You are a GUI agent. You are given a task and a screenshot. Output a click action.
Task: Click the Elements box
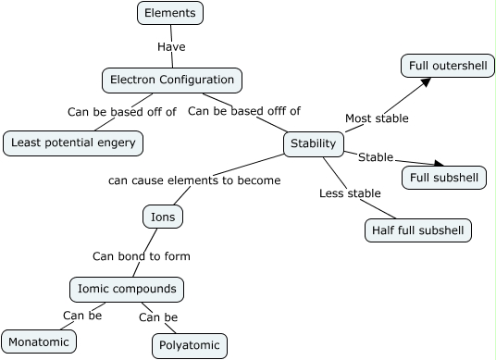click(170, 13)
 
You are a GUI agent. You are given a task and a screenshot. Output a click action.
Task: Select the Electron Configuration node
click(171, 81)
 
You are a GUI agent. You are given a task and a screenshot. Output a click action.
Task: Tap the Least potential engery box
click(73, 142)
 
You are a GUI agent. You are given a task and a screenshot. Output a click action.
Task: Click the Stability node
click(314, 143)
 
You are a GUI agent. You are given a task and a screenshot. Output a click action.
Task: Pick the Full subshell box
click(444, 177)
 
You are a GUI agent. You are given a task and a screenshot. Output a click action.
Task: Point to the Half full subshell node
click(418, 230)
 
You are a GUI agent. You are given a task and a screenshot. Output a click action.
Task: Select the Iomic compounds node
click(127, 289)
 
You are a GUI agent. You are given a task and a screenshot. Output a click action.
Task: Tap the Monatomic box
click(38, 341)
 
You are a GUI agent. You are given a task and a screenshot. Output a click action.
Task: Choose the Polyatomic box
click(189, 346)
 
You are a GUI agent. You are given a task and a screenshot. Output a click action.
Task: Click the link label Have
click(171, 45)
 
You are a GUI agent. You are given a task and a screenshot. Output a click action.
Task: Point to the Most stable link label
click(377, 118)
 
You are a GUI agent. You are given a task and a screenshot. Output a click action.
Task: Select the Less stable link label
click(350, 193)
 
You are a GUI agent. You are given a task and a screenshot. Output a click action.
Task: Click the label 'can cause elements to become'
click(194, 180)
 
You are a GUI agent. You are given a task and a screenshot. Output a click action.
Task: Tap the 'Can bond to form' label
click(142, 255)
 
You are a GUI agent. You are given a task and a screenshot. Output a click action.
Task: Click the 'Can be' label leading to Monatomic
click(82, 316)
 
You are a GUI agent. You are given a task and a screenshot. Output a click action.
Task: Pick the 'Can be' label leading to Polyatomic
click(158, 317)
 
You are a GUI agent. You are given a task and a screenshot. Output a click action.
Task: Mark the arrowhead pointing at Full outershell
click(425, 82)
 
